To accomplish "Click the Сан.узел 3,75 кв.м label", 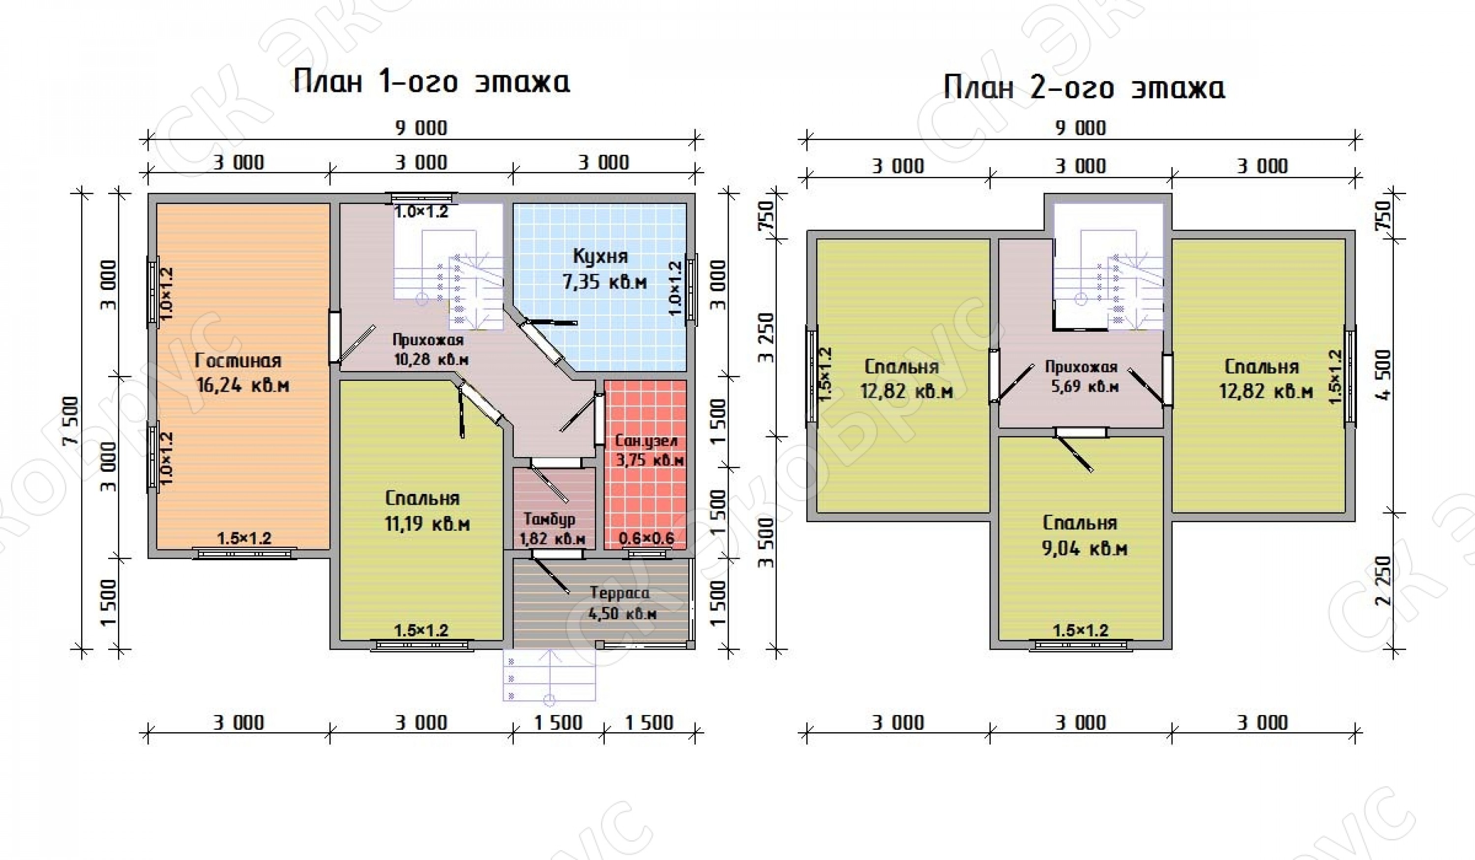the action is click(649, 451).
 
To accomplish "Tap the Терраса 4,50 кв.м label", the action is click(621, 602).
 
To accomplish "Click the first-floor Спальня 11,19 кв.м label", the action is click(427, 511).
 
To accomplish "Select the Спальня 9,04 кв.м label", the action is click(1084, 535).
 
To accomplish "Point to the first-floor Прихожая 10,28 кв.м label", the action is click(430, 349).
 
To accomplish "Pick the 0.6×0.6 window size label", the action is click(646, 538).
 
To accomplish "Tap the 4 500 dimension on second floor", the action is click(1384, 374).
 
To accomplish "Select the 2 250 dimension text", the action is click(1384, 581).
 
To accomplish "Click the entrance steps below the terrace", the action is click(549, 675).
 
